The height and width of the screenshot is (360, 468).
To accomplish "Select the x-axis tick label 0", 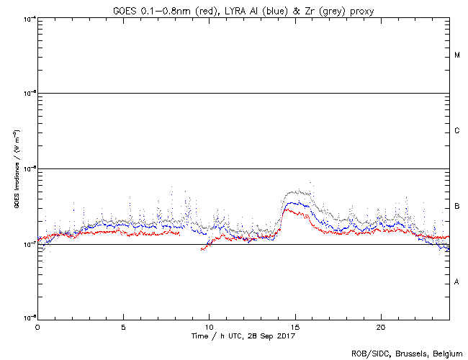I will [37, 326].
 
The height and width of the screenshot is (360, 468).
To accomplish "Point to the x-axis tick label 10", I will [209, 326].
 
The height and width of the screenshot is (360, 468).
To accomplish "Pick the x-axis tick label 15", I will [295, 326].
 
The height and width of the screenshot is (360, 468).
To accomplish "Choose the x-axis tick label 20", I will [381, 326].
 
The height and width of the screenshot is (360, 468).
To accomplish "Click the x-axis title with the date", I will [243, 336].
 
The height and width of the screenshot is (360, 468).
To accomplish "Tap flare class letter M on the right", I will [457, 55].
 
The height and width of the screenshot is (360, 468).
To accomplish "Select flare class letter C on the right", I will [457, 131].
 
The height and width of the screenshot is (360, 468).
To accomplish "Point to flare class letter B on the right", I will [457, 207].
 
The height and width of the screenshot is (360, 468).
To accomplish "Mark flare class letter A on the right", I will [457, 282].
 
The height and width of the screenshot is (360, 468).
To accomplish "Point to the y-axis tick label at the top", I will [29, 18].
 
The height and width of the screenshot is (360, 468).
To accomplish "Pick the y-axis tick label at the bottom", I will [29, 318].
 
